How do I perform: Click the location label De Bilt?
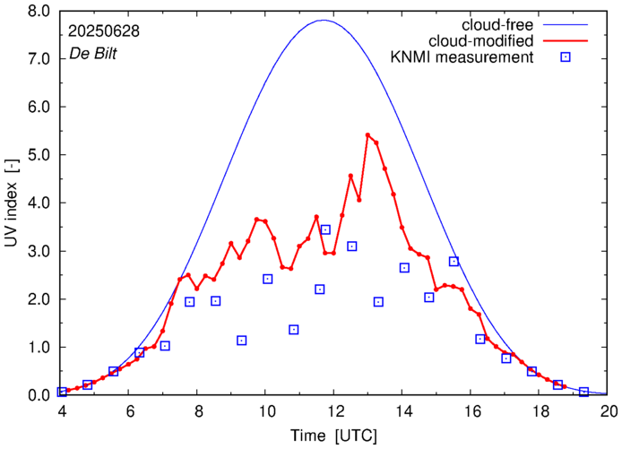coord(93,54)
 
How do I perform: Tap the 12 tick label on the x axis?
coord(334,413)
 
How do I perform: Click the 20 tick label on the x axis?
coord(608,413)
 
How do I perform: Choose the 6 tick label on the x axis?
coord(129,413)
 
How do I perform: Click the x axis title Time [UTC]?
coord(334,436)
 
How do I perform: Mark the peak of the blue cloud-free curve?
coord(323,20)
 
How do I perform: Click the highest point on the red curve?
coord(367,135)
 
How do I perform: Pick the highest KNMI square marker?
coord(325,229)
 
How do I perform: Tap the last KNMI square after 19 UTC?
coord(583,392)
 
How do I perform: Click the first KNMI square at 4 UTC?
coord(62,392)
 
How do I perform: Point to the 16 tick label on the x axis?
coord(471,413)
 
